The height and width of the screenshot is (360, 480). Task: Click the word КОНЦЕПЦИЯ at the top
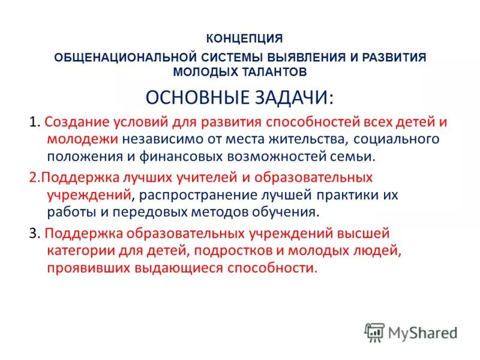[x=244, y=38]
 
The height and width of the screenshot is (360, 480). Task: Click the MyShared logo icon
[x=375, y=332]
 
